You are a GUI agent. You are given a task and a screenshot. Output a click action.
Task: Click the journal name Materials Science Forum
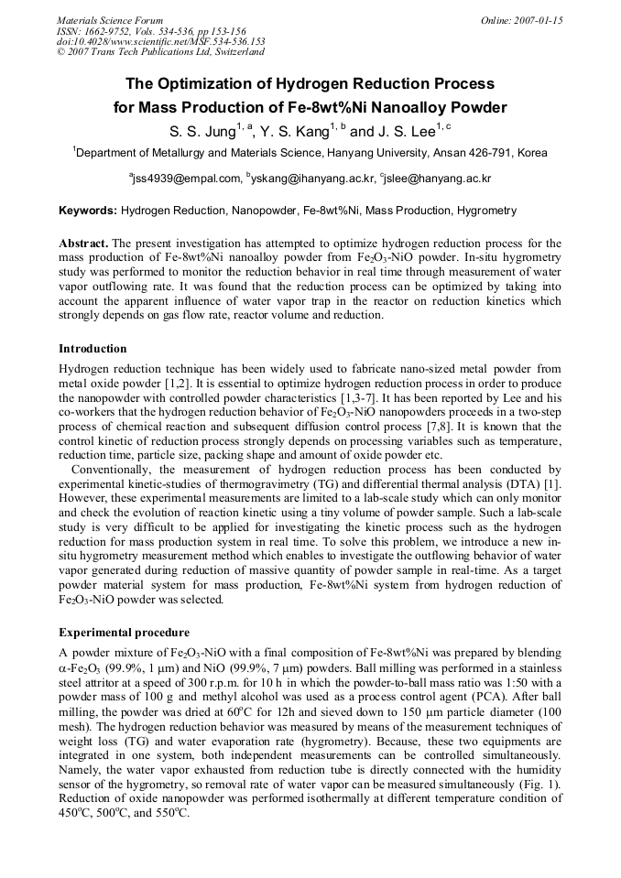click(x=110, y=20)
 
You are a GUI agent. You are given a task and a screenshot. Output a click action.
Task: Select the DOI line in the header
click(x=161, y=41)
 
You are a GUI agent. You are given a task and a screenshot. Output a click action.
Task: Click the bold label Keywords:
click(x=88, y=211)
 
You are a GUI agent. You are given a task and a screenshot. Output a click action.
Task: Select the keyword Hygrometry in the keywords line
click(x=485, y=211)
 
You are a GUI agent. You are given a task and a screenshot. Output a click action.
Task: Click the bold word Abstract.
click(x=83, y=244)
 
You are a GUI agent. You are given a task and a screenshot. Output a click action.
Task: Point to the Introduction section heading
click(x=93, y=349)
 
